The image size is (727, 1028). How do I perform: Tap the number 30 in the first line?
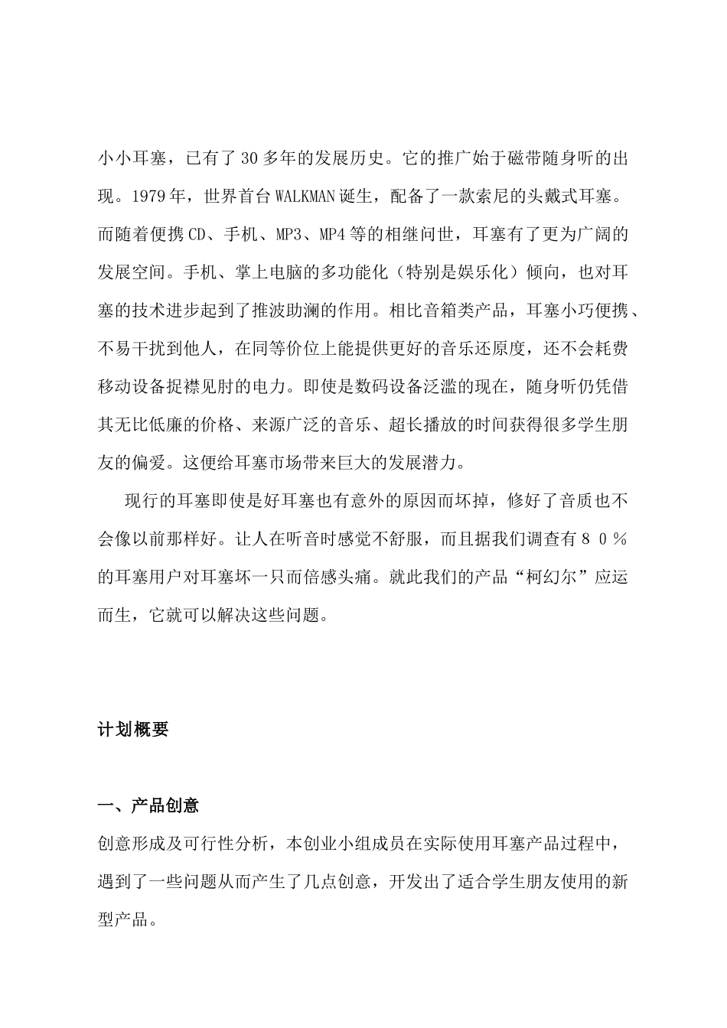point(249,159)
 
